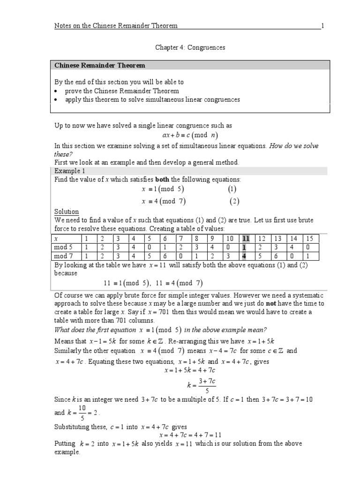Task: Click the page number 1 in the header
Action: pos(322,25)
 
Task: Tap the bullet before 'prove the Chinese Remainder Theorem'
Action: pos(56,90)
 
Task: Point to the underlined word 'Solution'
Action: pos(67,212)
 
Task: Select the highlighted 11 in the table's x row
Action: pos(246,239)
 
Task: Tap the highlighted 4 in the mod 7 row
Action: pos(244,256)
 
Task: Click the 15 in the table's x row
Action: pos(309,239)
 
